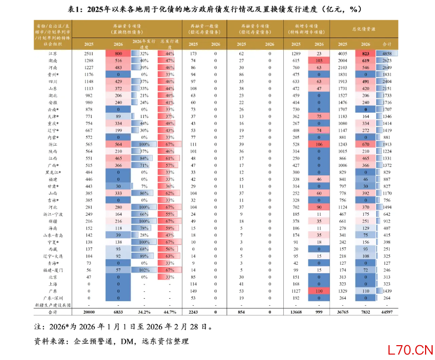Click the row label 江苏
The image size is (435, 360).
tap(52, 53)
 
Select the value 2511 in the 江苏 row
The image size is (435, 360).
tap(88, 53)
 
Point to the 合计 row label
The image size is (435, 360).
tap(52, 312)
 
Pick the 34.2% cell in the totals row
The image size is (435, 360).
tap(144, 312)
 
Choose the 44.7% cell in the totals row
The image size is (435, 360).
tap(170, 312)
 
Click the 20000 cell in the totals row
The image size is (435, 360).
tap(88, 312)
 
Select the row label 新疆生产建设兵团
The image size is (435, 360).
tap(52, 305)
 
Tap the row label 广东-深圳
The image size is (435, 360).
tap(52, 298)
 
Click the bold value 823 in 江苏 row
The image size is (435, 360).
tap(365, 53)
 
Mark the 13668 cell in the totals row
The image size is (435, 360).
tap(296, 312)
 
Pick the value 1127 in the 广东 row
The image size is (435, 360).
tap(296, 291)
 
